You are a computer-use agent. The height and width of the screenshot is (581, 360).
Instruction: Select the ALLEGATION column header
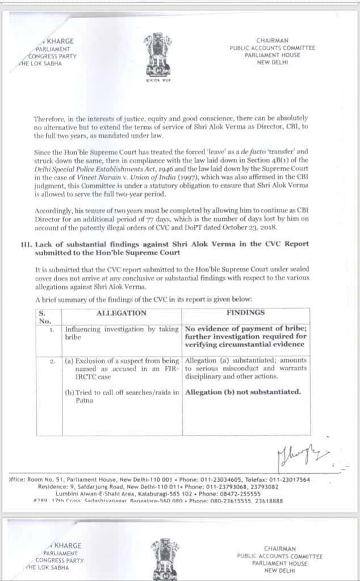pyautogui.click(x=122, y=313)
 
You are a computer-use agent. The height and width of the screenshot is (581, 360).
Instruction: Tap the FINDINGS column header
pyautogui.click(x=246, y=313)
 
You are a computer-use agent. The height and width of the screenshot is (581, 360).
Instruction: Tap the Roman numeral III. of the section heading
pyautogui.click(x=24, y=243)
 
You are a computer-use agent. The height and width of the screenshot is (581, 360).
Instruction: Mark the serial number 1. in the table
pyautogui.click(x=52, y=329)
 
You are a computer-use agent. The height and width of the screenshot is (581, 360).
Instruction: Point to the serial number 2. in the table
pyautogui.click(x=52, y=361)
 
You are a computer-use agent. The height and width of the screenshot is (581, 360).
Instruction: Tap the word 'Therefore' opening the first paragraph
pyautogui.click(x=50, y=118)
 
